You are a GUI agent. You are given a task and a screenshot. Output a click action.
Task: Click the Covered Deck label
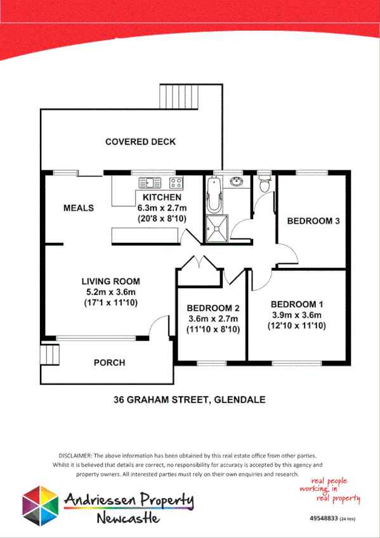click(140, 141)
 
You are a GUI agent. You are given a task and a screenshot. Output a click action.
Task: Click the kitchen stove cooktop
click(176, 183)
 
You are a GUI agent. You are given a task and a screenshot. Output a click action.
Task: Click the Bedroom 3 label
click(313, 221)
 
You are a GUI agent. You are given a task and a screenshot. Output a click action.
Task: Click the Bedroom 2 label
click(213, 308)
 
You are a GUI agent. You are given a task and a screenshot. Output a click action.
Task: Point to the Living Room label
click(110, 281)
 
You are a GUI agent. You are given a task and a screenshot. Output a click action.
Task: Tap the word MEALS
click(79, 207)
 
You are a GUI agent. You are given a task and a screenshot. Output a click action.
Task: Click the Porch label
click(109, 363)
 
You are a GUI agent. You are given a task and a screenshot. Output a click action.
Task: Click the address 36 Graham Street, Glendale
click(189, 400)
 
